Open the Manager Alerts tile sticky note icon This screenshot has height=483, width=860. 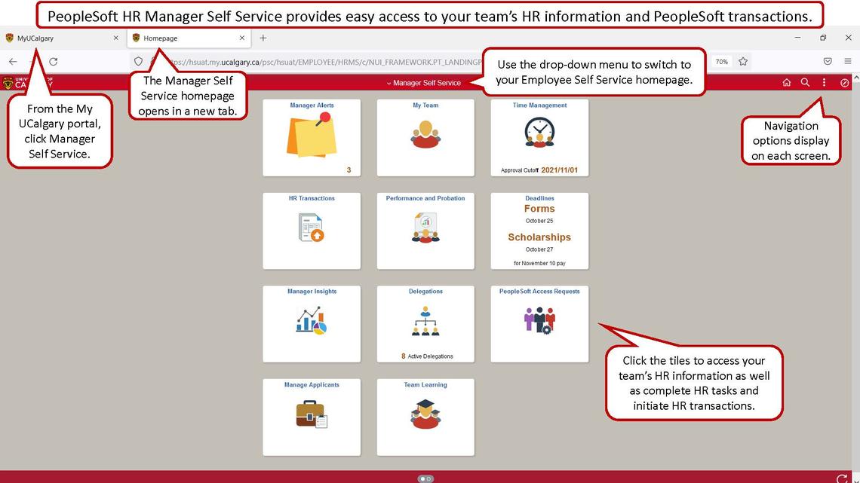click(310, 135)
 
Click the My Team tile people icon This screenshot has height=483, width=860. click(425, 134)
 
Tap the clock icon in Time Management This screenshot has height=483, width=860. click(539, 132)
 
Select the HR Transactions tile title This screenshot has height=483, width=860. click(312, 198)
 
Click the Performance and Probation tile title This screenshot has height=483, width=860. click(425, 198)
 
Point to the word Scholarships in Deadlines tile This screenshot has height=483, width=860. click(539, 237)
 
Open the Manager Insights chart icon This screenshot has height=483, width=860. click(311, 321)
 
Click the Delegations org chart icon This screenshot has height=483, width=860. click(425, 321)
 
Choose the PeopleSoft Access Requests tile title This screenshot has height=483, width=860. click(539, 292)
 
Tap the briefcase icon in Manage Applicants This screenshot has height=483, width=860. click(311, 414)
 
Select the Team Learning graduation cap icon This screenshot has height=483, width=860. click(425, 414)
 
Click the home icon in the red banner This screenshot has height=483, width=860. click(787, 83)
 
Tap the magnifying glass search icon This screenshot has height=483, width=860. click(805, 83)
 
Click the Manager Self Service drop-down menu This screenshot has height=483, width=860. click(423, 83)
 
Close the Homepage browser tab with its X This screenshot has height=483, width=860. click(242, 38)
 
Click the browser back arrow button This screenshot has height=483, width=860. click(13, 62)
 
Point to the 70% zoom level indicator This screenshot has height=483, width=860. click(722, 62)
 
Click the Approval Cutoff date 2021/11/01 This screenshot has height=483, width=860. click(559, 170)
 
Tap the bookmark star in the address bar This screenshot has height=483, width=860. click(743, 62)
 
